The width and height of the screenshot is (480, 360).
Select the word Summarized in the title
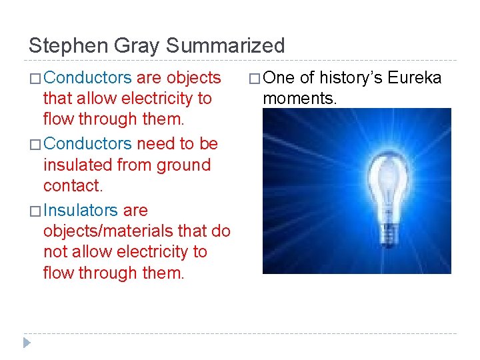225,46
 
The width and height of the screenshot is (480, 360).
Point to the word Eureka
415,78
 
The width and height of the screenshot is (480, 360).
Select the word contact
73,185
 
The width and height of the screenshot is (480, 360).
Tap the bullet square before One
254,79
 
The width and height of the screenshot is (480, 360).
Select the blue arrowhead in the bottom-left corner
27,343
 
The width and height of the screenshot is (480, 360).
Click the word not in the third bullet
56,252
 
